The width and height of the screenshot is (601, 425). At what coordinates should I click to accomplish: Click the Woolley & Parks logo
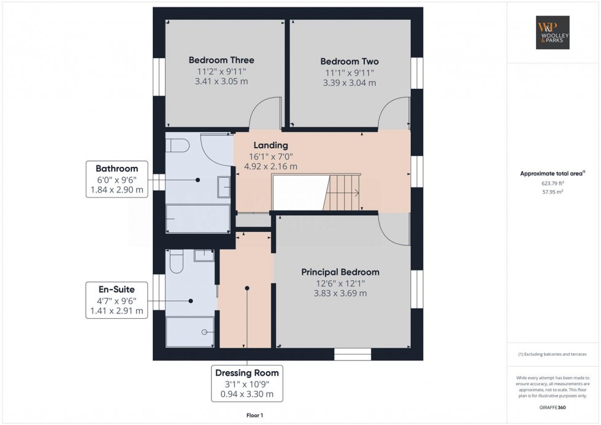pyautogui.click(x=553, y=33)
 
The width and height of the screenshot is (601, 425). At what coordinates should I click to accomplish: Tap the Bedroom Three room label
pyautogui.click(x=221, y=60)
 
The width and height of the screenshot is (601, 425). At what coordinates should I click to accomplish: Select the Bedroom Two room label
pyautogui.click(x=350, y=61)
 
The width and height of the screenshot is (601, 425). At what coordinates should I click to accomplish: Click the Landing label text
pyautogui.click(x=270, y=145)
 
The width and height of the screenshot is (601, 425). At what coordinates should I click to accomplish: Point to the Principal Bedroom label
pyautogui.click(x=340, y=272)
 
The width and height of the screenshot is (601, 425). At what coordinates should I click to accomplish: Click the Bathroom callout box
pyautogui.click(x=117, y=179)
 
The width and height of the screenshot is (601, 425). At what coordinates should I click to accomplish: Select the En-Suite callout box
pyautogui.click(x=117, y=300)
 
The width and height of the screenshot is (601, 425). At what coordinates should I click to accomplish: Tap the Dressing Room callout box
pyautogui.click(x=247, y=384)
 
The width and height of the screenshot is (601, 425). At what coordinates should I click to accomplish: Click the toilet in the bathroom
pyautogui.click(x=177, y=145)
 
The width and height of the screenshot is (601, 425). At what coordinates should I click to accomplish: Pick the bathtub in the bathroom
pyautogui.click(x=197, y=218)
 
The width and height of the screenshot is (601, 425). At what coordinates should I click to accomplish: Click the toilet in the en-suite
pyautogui.click(x=177, y=261)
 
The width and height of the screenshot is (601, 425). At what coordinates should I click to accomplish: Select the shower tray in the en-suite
pyautogui.click(x=189, y=332)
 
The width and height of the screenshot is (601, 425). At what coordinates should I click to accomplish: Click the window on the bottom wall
pyautogui.click(x=353, y=354)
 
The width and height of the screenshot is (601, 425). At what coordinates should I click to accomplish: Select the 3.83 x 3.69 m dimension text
pyautogui.click(x=340, y=294)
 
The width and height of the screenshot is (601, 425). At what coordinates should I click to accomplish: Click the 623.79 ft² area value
pyautogui.click(x=553, y=183)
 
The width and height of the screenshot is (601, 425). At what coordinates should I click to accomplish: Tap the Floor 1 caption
pyautogui.click(x=255, y=415)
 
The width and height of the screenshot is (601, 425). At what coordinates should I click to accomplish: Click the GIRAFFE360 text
pyautogui.click(x=553, y=407)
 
